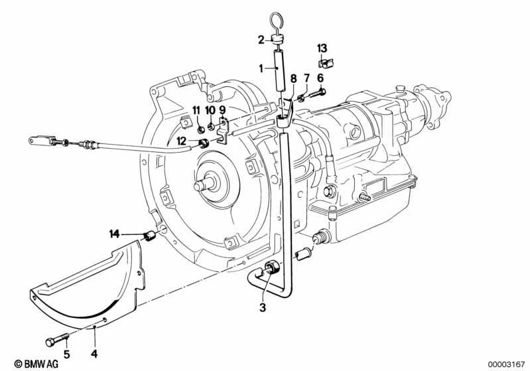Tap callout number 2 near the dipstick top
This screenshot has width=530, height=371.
(261, 40)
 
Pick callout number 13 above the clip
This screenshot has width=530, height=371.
(322, 48)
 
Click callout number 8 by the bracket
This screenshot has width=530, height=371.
(293, 78)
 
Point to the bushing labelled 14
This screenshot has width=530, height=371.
(151, 238)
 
